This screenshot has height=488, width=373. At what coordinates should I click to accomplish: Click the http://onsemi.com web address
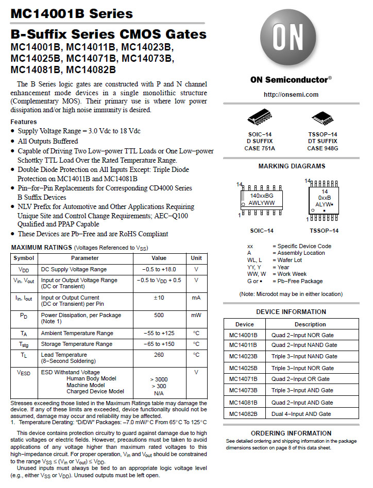(x=291, y=95)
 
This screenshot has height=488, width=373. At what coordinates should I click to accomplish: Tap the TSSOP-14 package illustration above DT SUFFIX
(x=323, y=117)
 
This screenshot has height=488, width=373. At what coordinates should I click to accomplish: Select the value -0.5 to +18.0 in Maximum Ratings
(x=159, y=269)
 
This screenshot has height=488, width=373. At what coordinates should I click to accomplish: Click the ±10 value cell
(x=159, y=298)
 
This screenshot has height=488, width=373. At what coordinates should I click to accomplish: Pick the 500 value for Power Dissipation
(x=159, y=315)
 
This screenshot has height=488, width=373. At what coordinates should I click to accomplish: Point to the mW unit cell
(x=196, y=315)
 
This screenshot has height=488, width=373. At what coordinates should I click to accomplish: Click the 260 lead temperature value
(x=159, y=355)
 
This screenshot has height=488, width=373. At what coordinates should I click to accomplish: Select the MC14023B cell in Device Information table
(x=244, y=356)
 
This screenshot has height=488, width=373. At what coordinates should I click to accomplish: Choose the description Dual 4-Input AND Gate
(x=301, y=414)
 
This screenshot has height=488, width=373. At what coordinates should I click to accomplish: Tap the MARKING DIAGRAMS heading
(x=292, y=166)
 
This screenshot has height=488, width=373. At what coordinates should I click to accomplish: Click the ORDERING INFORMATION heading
(x=291, y=433)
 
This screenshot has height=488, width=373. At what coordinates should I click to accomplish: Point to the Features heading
(x=24, y=121)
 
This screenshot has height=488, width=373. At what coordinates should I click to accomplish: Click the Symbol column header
(x=24, y=258)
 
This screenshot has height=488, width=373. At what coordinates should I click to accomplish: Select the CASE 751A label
(x=260, y=148)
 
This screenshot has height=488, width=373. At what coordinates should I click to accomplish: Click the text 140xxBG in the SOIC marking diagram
(x=262, y=196)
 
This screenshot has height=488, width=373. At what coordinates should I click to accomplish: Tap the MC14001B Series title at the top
(x=72, y=14)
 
